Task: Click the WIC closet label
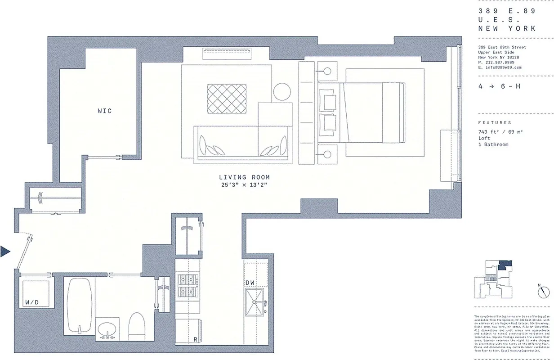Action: (x=105, y=111)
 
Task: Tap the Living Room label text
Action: (x=245, y=178)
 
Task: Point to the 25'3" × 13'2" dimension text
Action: (x=245, y=185)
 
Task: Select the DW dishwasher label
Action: (x=250, y=283)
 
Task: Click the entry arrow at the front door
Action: (x=5, y=252)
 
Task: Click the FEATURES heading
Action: (x=495, y=122)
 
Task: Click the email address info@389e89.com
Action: (x=500, y=67)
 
